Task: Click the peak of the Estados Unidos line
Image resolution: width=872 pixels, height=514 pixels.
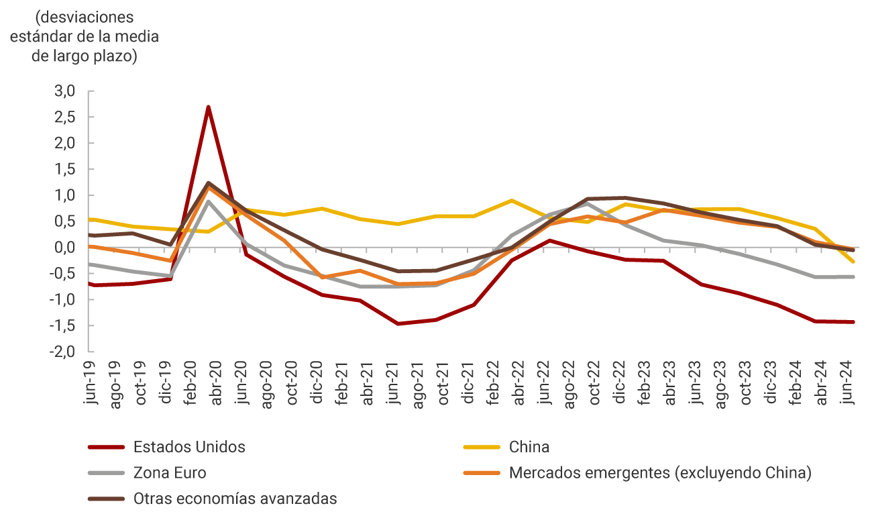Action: [209, 107]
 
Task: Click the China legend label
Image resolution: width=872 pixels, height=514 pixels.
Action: [529, 447]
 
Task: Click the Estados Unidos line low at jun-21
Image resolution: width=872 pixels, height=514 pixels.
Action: [398, 323]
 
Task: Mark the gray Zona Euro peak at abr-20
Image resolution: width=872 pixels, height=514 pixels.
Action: [209, 201]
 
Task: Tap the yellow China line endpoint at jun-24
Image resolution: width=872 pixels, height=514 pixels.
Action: [853, 262]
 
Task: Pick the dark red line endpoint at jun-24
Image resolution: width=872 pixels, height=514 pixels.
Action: [853, 322]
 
